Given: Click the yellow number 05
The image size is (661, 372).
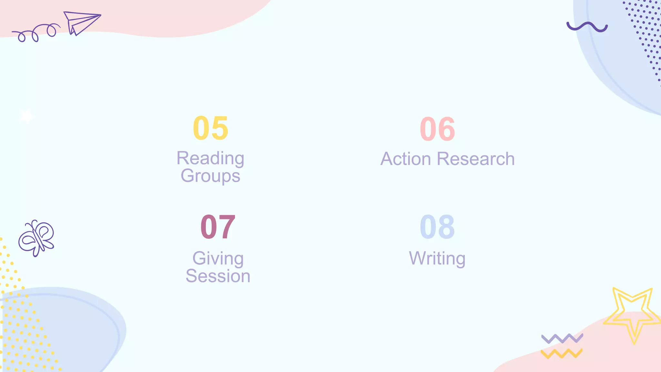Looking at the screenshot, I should click(210, 128).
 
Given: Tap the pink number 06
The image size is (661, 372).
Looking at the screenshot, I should click(437, 129).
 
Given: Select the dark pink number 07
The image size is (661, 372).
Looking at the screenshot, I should click(218, 227).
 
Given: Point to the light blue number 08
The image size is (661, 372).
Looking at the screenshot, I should click(437, 227).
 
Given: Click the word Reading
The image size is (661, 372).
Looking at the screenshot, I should click(210, 159).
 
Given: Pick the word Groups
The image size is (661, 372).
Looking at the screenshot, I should click(210, 176).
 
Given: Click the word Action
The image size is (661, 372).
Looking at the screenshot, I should click(406, 159).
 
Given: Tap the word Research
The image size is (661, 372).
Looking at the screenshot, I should click(476, 159).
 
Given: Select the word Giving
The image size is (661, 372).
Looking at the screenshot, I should click(218, 259).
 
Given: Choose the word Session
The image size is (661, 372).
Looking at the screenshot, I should click(218, 276).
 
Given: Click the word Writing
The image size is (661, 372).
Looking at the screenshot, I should click(437, 259).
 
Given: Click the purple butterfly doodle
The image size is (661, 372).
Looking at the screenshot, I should click(36, 238).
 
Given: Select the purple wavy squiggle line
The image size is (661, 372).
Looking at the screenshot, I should click(587, 27).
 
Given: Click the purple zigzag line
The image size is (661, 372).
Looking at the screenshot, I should click(562, 338).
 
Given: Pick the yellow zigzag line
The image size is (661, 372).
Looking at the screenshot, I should click(562, 354).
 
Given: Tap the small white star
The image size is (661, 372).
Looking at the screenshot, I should click(26, 116).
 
